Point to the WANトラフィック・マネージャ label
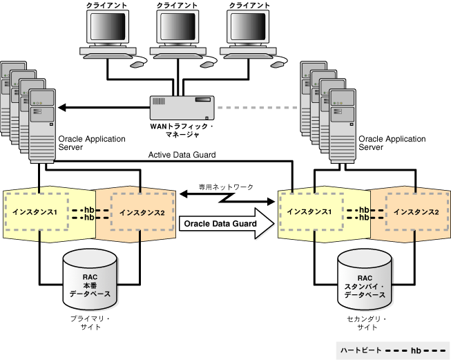click(x=182, y=131)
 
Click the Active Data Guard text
click(x=182, y=155)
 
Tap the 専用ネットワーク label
click(x=226, y=187)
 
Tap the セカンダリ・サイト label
click(x=366, y=323)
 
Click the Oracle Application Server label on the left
click(x=93, y=143)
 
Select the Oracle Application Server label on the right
click(x=392, y=143)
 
